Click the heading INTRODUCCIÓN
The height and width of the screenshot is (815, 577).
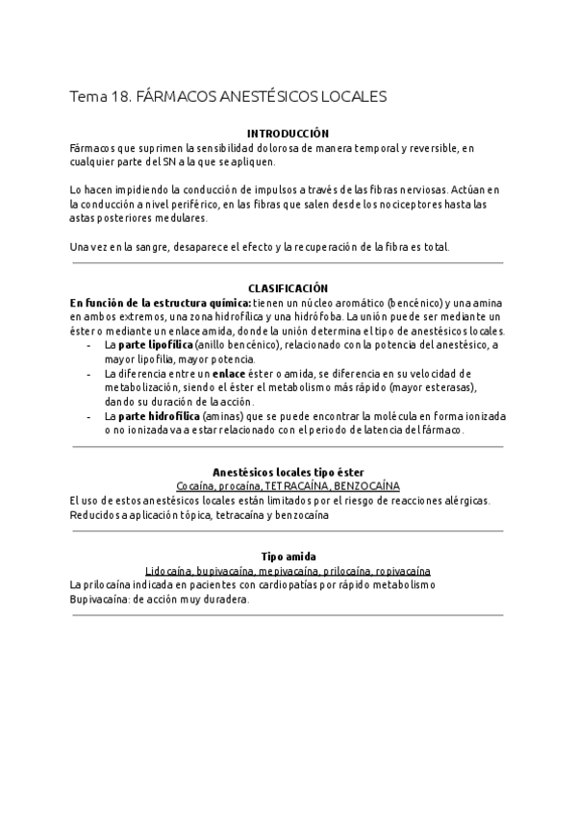(288, 134)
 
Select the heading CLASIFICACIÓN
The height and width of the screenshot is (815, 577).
(288, 288)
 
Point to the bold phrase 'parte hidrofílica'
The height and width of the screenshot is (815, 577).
(159, 416)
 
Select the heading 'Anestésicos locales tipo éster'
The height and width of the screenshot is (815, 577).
(288, 473)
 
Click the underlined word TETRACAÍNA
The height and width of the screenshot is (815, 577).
(295, 487)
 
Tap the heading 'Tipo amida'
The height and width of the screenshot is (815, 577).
(288, 556)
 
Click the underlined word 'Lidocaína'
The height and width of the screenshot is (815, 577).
(166, 571)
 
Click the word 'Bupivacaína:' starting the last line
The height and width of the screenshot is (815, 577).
(99, 599)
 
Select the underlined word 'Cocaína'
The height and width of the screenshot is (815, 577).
(196, 487)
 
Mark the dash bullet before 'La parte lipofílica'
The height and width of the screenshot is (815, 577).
(89, 344)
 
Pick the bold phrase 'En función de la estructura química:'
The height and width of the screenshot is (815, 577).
(160, 302)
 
